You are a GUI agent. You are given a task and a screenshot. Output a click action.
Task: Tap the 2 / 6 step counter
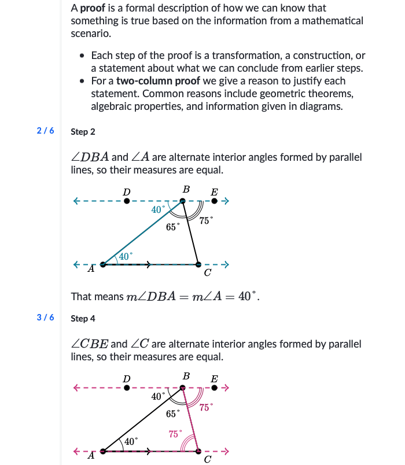click(x=45, y=131)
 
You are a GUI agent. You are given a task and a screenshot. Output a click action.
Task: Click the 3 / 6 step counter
click(x=45, y=318)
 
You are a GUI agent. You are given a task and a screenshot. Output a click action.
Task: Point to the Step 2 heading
click(x=83, y=132)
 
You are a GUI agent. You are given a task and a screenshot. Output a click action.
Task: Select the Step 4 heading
click(x=83, y=319)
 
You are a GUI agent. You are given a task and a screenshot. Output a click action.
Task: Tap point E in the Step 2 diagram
click(x=215, y=201)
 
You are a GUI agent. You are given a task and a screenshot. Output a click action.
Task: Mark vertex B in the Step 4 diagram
click(x=182, y=388)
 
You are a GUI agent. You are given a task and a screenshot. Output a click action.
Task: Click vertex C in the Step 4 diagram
click(x=198, y=451)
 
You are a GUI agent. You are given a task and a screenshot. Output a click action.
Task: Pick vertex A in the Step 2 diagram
click(x=103, y=264)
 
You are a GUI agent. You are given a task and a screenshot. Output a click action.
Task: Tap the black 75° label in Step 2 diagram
click(x=205, y=220)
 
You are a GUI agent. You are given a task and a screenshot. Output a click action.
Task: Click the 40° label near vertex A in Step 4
click(x=132, y=441)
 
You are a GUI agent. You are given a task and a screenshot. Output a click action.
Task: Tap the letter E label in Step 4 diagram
click(x=215, y=379)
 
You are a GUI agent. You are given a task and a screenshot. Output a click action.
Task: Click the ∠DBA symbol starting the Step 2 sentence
click(x=90, y=158)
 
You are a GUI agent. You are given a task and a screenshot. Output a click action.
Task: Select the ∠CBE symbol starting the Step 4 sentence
click(x=90, y=345)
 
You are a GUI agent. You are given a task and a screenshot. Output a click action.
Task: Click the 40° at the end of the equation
click(x=248, y=297)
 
